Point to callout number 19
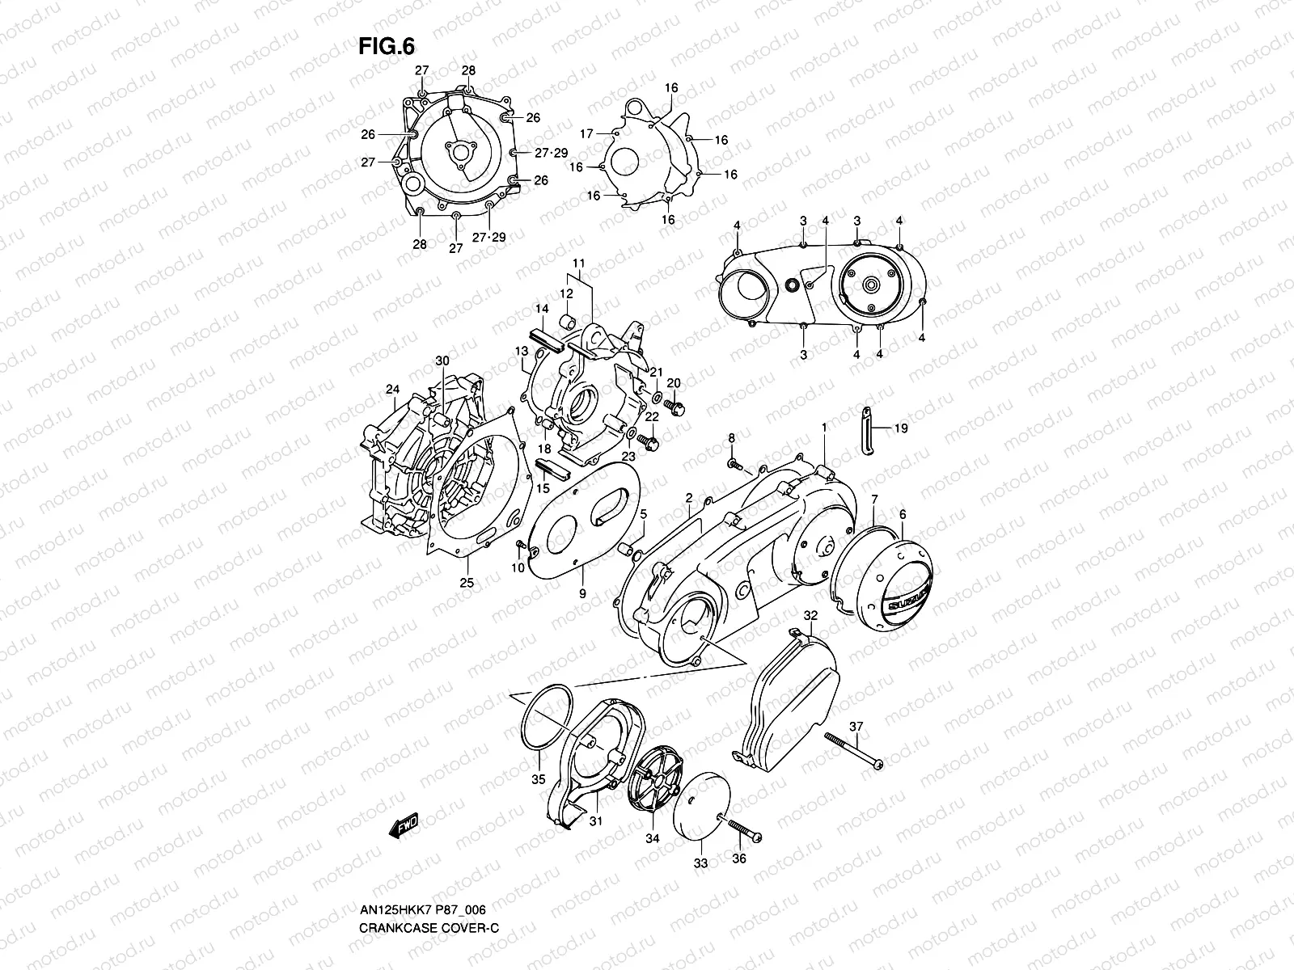900,428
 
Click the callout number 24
393,390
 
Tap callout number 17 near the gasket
586,133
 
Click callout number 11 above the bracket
578,264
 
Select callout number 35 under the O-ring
538,780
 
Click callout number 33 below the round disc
700,863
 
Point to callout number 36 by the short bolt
739,859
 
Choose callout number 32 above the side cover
811,615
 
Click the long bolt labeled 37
852,749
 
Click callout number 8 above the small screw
731,438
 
